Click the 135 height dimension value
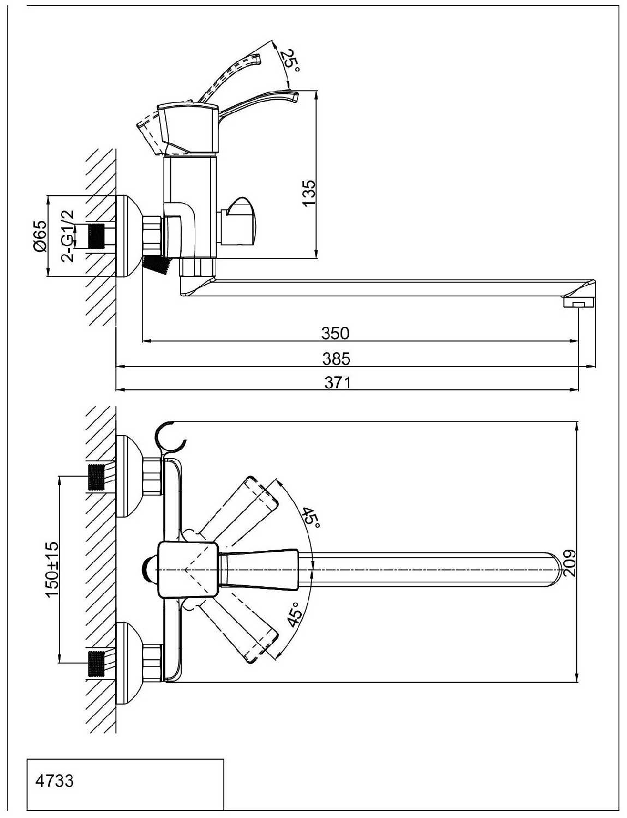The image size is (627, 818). tap(308, 193)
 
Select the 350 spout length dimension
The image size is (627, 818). tap(336, 333)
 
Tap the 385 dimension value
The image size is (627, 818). tap(337, 359)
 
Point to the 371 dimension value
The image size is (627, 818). tap(337, 383)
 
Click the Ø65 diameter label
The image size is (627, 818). tap(40, 237)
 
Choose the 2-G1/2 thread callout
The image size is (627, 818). tap(68, 236)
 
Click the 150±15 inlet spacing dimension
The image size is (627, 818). tap(52, 569)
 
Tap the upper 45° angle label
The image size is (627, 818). tap(311, 516)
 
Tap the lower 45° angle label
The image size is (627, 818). tap(294, 614)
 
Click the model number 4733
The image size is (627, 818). tap(54, 781)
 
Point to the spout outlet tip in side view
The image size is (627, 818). tap(578, 301)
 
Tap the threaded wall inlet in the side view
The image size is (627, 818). tap(96, 236)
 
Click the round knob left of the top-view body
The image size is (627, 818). tap(148, 569)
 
